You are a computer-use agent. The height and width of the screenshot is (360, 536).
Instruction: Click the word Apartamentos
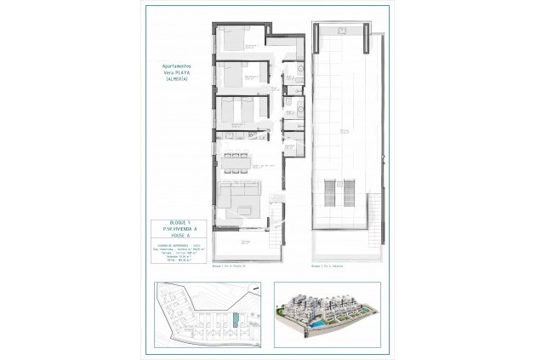pyautogui.click(x=176, y=64)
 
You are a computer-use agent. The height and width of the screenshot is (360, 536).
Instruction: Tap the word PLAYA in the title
pyautogui.click(x=182, y=71)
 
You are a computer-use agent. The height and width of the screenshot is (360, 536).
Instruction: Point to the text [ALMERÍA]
pyautogui.click(x=176, y=77)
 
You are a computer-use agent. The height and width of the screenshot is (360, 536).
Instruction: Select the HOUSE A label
pyautogui.click(x=174, y=237)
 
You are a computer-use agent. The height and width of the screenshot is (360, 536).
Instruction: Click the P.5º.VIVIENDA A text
pyautogui.click(x=174, y=230)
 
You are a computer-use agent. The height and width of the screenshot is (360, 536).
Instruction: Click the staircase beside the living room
pyautogui.click(x=274, y=210)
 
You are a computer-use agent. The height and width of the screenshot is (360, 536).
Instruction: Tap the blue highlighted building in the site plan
pyautogui.click(x=236, y=322)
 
